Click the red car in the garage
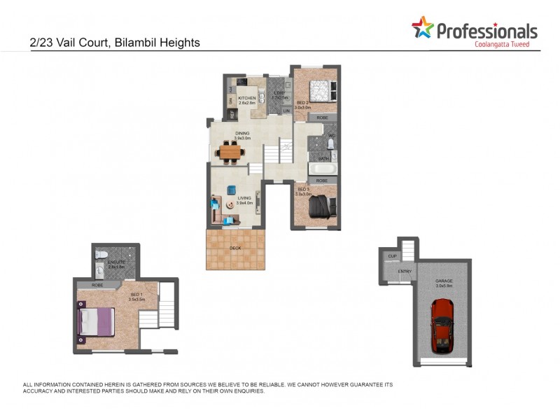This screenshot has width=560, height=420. coord(442,326)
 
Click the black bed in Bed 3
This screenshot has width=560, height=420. coord(321,208)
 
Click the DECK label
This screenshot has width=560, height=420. coord(236,248)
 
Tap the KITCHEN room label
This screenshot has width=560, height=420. coord(247,99)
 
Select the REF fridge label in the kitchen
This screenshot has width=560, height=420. coord(232,115)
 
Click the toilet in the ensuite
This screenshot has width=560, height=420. coord(100,253)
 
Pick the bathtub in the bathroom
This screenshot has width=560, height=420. coord(323,169)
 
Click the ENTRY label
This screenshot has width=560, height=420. coord(405,272)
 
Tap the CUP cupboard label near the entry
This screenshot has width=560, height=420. coord(392,256)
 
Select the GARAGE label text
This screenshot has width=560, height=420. coord(444,282)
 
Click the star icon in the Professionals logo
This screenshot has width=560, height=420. coord(422,28)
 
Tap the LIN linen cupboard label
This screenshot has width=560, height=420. coord(286,111)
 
